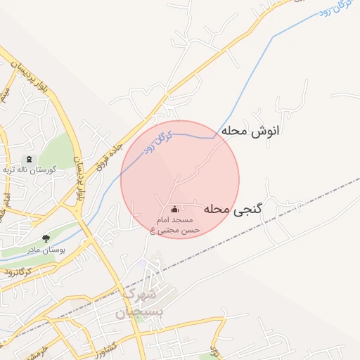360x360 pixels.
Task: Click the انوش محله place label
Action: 250,131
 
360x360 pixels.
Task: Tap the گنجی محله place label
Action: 233,209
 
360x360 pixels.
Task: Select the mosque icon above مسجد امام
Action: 174,209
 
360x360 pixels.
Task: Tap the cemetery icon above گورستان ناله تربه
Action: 29,160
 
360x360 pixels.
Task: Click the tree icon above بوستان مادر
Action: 46,239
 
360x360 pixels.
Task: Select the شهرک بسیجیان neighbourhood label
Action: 140,301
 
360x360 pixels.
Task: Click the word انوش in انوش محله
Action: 264,131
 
